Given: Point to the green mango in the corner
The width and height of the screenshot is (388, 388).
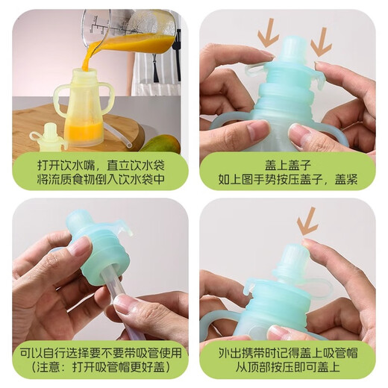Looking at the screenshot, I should pos(161,143).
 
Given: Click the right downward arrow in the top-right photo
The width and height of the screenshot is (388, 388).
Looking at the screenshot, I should pos(321,46).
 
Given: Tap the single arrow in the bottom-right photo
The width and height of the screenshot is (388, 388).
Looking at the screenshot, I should pos(307,222).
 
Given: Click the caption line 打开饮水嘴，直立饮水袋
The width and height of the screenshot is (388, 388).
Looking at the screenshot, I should pos(100,164).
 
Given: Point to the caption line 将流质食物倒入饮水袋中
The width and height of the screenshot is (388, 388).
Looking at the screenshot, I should pos(100,180).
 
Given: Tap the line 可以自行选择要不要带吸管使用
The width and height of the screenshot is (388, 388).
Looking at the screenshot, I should pos(100,353).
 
